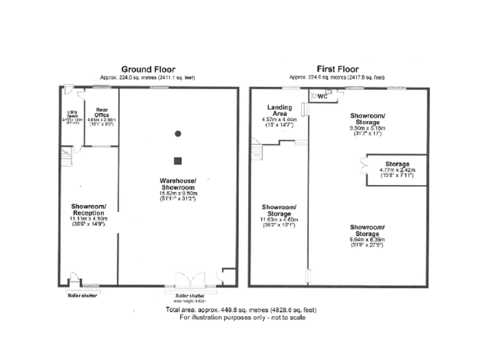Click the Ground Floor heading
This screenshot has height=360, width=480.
click(147, 69)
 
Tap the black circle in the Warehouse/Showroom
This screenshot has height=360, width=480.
click(178, 133)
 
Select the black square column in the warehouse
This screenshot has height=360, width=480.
click(178, 159)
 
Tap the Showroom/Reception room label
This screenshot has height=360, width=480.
click(88, 210)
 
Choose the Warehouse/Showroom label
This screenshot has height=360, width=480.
click(178, 184)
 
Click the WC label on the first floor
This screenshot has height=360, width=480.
click(323, 96)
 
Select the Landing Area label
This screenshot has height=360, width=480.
click(279, 111)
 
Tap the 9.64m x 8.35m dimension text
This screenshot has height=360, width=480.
click(367, 238)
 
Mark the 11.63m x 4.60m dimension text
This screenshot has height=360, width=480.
click(278, 220)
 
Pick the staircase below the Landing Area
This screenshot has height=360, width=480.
click(259, 151)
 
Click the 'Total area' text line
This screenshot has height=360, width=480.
click(240, 310)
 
